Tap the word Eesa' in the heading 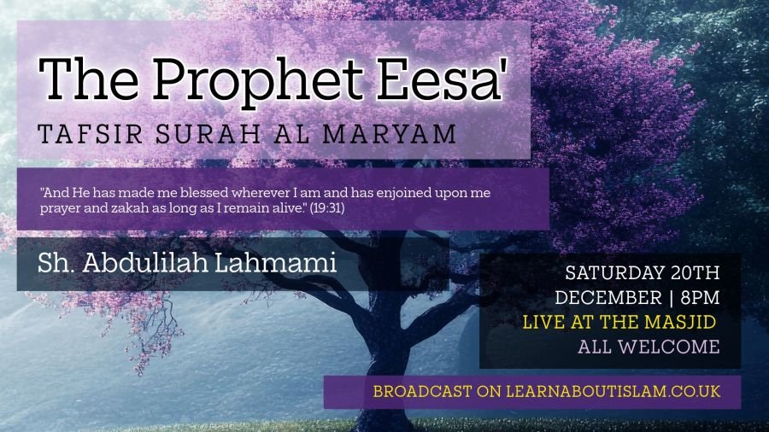pos(440,79)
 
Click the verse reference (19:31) pos(327,208)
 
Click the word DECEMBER pos(608,297)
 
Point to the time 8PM pos(701,297)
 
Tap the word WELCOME pos(669,347)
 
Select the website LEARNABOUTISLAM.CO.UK pos(613,391)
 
